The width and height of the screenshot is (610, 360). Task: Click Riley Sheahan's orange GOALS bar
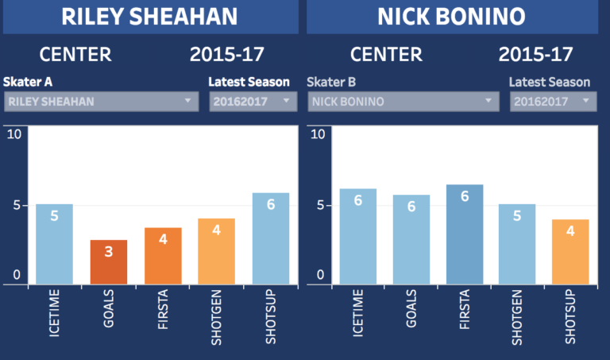coord(108,261)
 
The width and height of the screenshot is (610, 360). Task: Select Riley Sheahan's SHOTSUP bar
coord(271,238)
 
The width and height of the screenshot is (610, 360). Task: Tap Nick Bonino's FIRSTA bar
coord(465,234)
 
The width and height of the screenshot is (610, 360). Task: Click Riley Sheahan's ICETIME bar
coord(54,244)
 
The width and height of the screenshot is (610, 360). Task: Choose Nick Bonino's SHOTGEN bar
coord(517,244)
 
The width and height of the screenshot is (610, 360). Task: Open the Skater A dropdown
coord(101,101)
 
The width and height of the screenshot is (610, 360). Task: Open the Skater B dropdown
coord(403,101)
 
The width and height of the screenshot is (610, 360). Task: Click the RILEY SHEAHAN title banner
coord(150,17)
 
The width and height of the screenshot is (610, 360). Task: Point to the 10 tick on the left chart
coord(14,133)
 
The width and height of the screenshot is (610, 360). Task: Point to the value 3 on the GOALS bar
coord(108,252)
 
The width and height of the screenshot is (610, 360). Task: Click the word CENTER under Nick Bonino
coord(386,55)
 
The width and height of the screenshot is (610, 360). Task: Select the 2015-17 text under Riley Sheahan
coord(226,55)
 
